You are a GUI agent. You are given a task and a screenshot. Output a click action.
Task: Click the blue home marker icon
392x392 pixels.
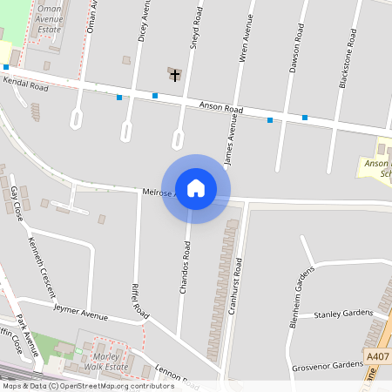(x=196, y=188)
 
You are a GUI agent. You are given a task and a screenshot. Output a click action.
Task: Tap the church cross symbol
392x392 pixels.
(x=175, y=75)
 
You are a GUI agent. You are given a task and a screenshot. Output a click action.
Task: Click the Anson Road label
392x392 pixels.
(x=221, y=108)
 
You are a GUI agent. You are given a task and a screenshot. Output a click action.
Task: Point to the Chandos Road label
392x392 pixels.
(x=185, y=267)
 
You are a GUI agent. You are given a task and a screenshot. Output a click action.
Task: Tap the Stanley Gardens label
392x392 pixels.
(x=342, y=314)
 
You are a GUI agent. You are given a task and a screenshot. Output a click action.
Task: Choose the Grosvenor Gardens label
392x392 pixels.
(x=327, y=365)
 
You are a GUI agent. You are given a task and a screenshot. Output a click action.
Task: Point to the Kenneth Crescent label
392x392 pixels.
(x=42, y=267)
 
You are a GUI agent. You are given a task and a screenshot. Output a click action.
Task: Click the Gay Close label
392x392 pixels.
(x=16, y=203)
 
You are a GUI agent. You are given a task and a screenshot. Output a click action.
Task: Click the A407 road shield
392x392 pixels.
(x=378, y=357)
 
